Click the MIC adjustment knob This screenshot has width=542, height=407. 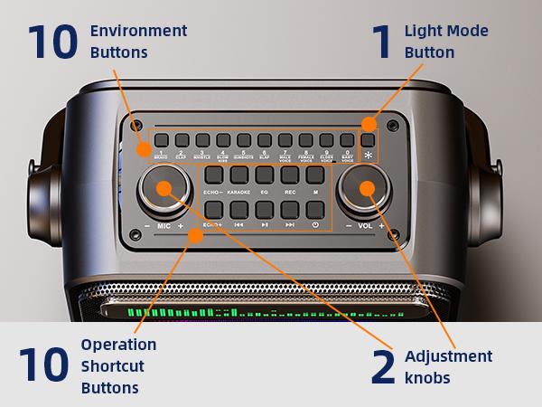[164, 189]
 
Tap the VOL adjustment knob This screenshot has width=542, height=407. [366, 189]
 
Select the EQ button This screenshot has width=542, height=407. [264, 175]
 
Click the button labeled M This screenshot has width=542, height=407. [315, 175]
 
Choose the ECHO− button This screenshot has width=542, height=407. [213, 175]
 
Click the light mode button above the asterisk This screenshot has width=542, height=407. [368, 140]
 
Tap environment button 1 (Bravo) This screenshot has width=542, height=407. [160, 140]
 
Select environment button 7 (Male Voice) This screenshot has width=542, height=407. [285, 140]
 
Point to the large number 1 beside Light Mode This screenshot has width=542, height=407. [383, 43]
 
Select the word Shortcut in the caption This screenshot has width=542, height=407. [111, 366]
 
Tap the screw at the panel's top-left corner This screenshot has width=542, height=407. [135, 125]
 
